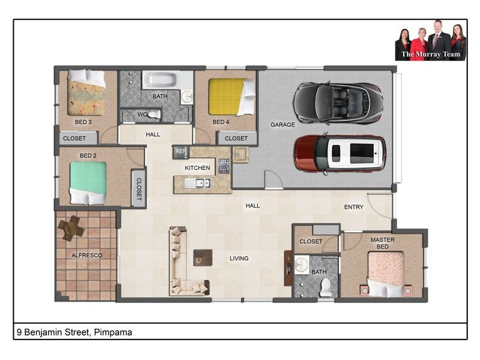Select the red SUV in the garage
pyautogui.click(x=340, y=154)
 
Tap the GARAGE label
pyautogui.click(x=283, y=125)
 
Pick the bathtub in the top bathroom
pyautogui.click(x=160, y=80)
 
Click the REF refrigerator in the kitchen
pyautogui.click(x=181, y=152)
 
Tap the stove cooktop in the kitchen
pyautogui.click(x=224, y=166)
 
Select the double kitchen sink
pyautogui.click(x=197, y=183)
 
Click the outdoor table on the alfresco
pyautogui.click(x=71, y=227)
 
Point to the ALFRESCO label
pyautogui.click(x=87, y=256)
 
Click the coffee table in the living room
pyautogui.click(x=203, y=257)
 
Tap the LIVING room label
pyautogui.click(x=239, y=259)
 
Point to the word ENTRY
pyautogui.click(x=354, y=207)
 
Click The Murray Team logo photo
pyautogui.click(x=431, y=42)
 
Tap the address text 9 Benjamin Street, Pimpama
pyautogui.click(x=74, y=332)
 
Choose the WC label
pyautogui.click(x=142, y=113)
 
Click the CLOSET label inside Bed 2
pyautogui.click(x=139, y=188)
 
